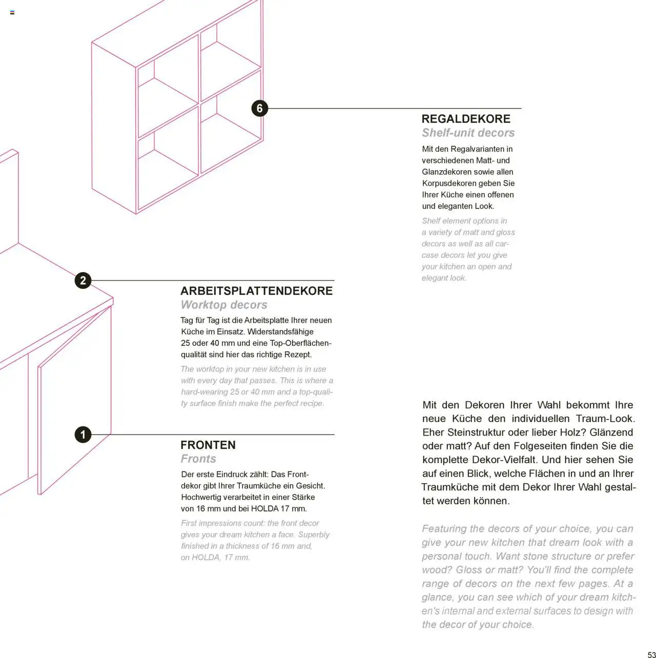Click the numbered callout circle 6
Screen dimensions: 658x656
260,108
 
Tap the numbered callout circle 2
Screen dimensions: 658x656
83,280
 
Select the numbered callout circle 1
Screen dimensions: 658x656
83,435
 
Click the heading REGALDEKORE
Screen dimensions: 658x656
466,119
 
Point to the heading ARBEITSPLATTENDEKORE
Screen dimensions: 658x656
256,291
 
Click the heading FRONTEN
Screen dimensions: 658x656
208,445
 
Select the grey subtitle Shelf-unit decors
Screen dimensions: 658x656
468,133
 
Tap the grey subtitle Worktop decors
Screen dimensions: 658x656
224,305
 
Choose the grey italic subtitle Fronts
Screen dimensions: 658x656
198,459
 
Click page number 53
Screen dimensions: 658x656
651,654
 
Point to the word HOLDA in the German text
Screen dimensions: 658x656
265,509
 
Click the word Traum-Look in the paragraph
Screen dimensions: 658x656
605,419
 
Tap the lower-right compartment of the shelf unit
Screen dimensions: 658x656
231,141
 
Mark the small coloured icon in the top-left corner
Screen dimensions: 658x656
12,12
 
